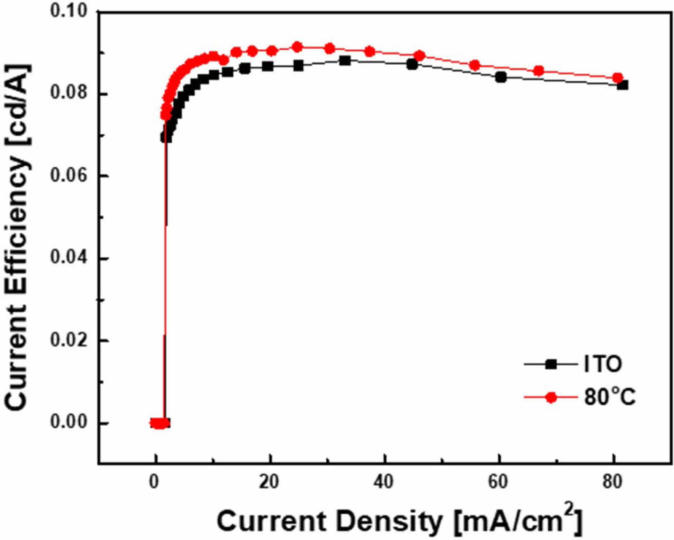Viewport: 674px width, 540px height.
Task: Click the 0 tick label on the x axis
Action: coord(155,482)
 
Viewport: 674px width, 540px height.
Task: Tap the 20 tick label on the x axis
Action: coord(269,482)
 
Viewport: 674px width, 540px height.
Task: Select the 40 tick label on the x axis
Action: coord(384,482)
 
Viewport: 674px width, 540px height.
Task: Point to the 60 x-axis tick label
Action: coord(498,482)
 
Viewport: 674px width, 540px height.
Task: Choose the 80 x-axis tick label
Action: coord(612,482)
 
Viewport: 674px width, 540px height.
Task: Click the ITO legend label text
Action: coord(603,365)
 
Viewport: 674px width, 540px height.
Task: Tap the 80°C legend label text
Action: coord(610,397)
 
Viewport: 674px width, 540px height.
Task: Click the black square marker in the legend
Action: coord(551,365)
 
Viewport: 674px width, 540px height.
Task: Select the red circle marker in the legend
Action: coord(551,397)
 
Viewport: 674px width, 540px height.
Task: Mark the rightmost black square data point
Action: coord(622,84)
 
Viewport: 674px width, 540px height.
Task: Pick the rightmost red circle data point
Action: coord(617,78)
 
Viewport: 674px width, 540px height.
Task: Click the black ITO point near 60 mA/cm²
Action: coord(501,77)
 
